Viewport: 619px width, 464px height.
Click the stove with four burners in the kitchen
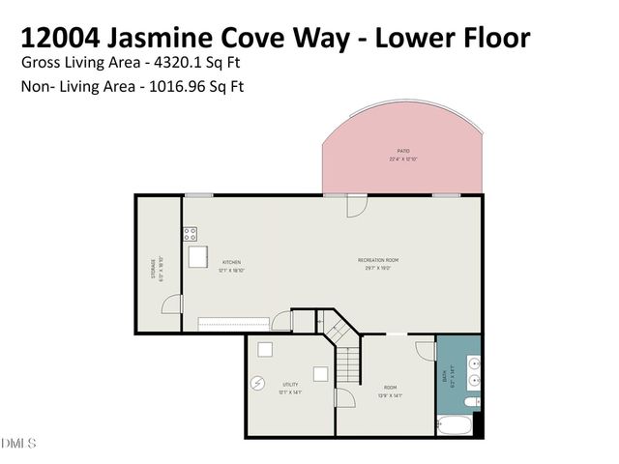[191, 234]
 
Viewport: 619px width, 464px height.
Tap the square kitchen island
[198, 256]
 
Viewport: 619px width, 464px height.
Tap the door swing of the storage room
[172, 304]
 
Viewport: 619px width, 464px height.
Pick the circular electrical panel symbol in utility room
[257, 384]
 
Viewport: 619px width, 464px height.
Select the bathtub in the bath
[457, 423]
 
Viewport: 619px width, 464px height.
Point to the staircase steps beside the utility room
[347, 365]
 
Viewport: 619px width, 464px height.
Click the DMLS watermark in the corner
[18, 444]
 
